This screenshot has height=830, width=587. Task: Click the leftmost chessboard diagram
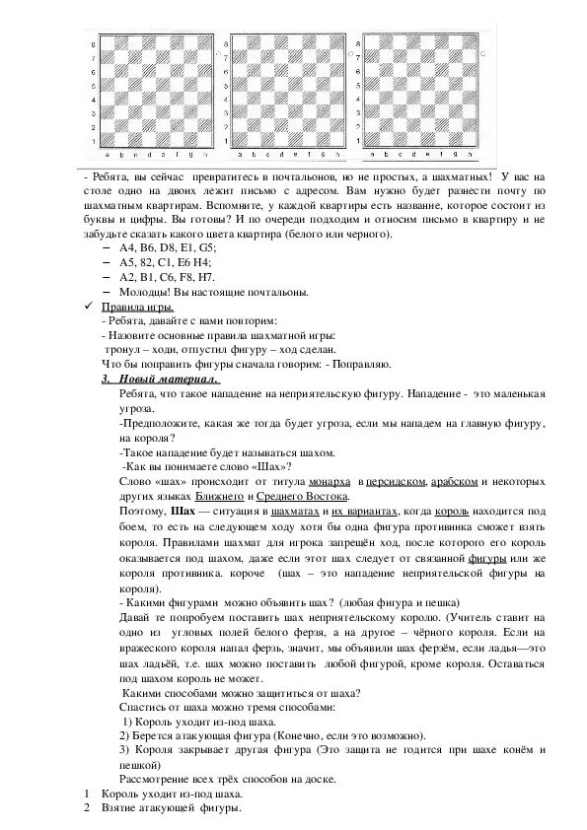coord(153,93)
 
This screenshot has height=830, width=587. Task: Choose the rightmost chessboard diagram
coord(422,93)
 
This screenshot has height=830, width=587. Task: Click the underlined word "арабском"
coord(457,480)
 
